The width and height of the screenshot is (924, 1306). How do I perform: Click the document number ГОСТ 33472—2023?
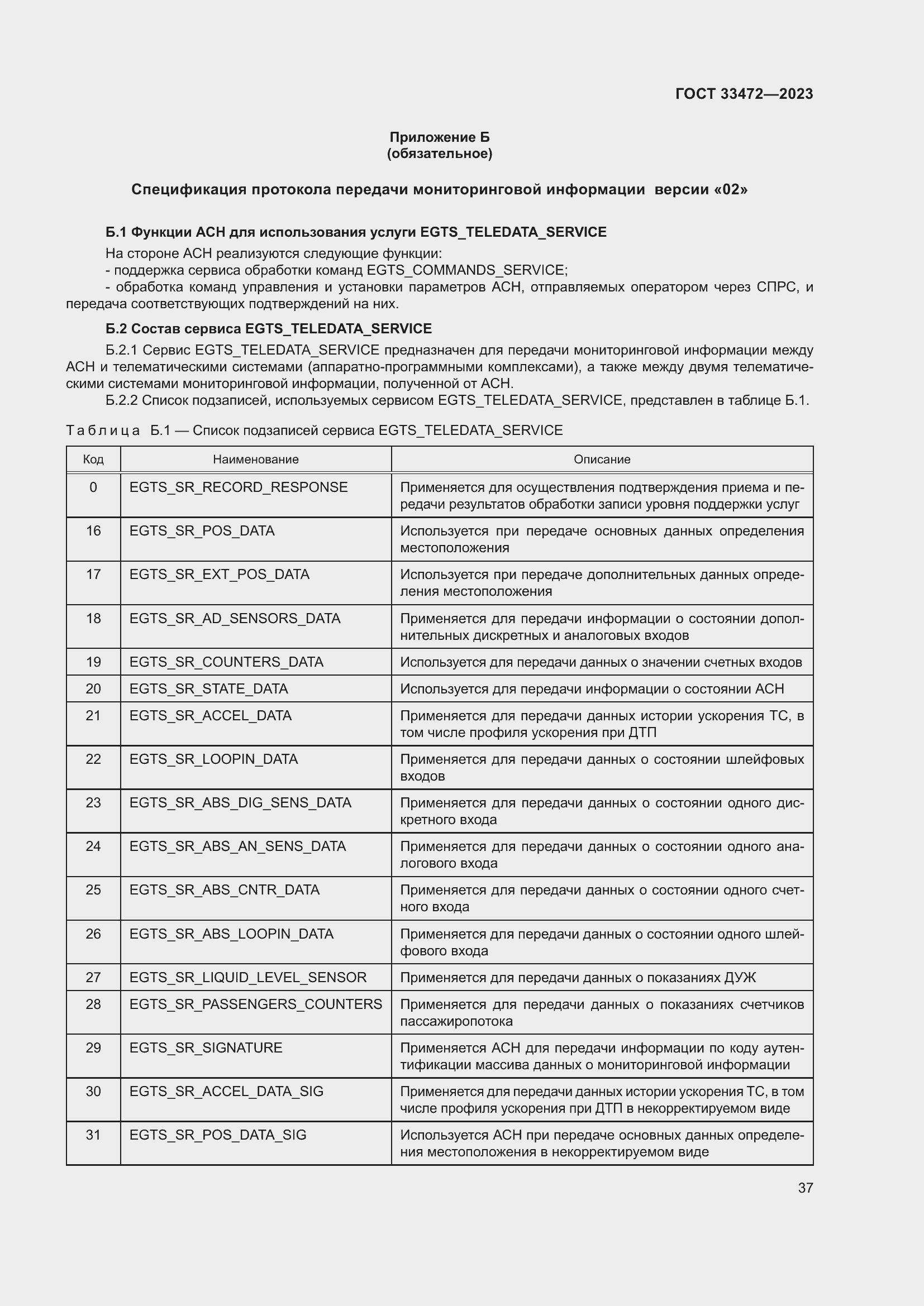pos(744,94)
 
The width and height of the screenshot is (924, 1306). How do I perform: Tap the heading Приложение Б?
pos(439,137)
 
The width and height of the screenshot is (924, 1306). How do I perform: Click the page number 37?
pos(805,1188)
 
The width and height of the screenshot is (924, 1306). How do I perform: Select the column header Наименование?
pos(255,459)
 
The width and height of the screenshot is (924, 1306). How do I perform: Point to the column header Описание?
pos(602,459)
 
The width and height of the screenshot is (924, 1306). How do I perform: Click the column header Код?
pos(93,459)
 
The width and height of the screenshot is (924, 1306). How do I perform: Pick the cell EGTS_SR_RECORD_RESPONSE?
pos(239,487)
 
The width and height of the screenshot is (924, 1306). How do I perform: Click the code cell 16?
pos(93,530)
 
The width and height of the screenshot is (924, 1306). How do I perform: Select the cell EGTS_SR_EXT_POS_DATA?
pos(219,575)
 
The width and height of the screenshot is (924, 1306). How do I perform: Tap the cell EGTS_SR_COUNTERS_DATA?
pos(226,662)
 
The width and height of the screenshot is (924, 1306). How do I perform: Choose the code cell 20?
pos(93,689)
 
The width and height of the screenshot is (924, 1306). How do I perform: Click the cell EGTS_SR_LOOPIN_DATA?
pos(213,759)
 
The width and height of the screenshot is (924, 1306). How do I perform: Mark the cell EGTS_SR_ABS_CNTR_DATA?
pos(224,889)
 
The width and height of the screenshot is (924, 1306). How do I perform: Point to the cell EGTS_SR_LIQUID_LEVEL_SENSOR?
pos(247,977)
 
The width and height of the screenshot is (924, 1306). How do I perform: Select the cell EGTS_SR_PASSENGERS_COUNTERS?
pos(255,1004)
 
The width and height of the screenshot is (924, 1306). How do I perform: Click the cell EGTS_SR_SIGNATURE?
pos(206,1047)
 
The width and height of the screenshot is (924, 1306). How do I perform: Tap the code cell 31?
pos(93,1135)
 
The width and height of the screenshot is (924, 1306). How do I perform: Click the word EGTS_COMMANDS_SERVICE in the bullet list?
pos(465,270)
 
